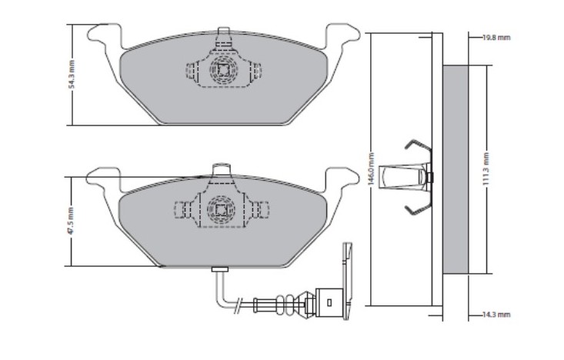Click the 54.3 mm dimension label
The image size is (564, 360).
coord(72,75)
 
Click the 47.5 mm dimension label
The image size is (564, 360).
coord(71,221)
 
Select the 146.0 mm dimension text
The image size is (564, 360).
coord(371,168)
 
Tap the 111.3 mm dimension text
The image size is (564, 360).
coord(486,168)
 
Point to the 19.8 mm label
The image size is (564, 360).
coord(496,38)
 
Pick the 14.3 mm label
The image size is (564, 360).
coord(496,315)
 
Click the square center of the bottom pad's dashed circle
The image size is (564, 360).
coord(221,209)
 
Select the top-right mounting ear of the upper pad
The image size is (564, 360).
coord(342,36)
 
